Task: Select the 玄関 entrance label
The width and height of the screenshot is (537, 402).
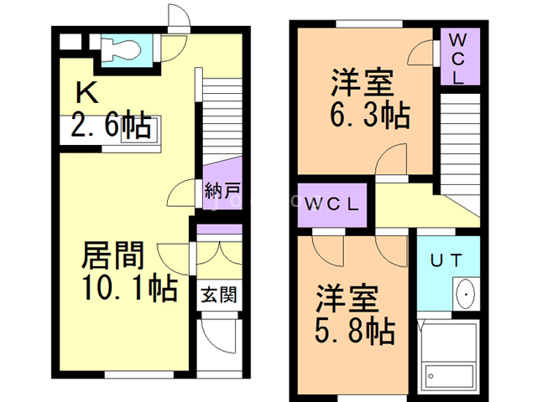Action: (217, 295)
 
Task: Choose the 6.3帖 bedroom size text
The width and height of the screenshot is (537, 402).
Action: (369, 116)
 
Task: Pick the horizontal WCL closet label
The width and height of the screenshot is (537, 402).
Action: (332, 204)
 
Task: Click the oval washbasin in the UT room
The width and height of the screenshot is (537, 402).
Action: (465, 295)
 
